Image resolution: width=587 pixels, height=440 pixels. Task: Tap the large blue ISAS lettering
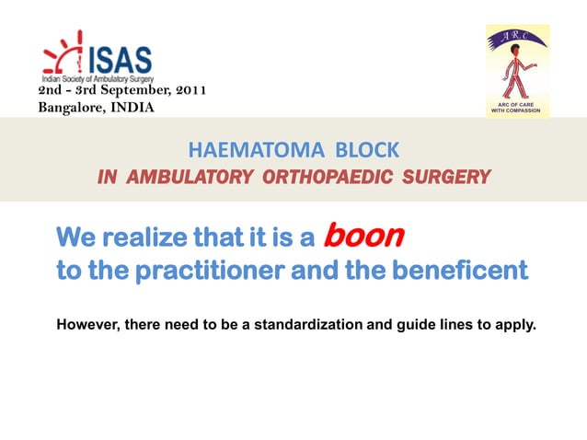coord(120,60)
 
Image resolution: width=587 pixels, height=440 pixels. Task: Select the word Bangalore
coord(70,108)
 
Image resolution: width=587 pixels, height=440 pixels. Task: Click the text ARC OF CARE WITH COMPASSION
coord(518,110)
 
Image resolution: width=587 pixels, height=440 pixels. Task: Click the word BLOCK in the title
coord(366,150)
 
